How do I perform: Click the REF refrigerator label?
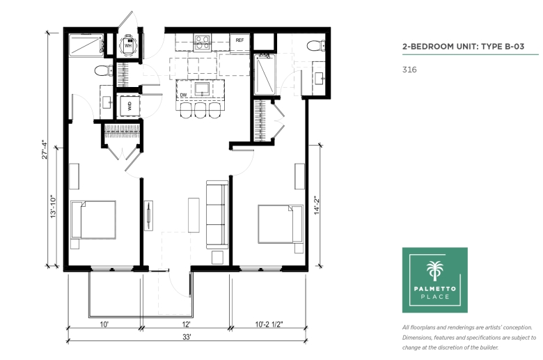click(239, 40)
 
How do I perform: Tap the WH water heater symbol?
click(128, 45)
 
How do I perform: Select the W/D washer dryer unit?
click(130, 106)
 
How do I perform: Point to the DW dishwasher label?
click(184, 95)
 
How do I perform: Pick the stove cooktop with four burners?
click(203, 42)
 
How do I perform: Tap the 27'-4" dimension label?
click(45, 149)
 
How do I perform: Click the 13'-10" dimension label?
click(54, 206)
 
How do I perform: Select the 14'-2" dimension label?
click(317, 205)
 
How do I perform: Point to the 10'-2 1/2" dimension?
click(269, 324)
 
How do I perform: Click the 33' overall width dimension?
click(187, 337)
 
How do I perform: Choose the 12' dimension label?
click(187, 324)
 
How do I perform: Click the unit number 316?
click(409, 70)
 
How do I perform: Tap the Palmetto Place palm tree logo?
click(434, 271)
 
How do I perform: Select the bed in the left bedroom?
click(93, 219)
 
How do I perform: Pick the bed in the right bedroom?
click(281, 224)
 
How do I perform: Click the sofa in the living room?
click(217, 214)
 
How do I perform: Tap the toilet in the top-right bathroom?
click(316, 45)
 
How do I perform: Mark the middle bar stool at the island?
click(200, 110)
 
